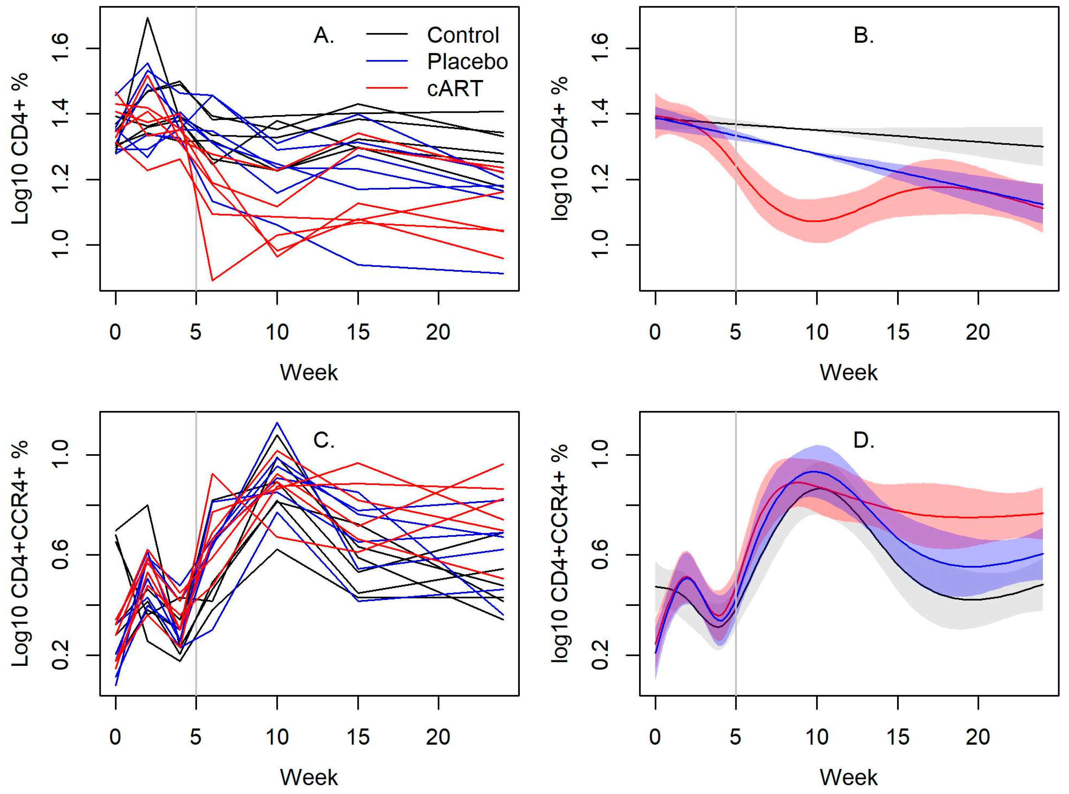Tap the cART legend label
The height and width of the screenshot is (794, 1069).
click(455, 89)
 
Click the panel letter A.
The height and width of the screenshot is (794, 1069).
click(323, 36)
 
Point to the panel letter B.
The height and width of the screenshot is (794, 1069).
click(863, 36)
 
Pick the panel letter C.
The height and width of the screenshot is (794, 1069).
click(323, 441)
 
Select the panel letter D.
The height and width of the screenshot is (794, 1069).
click(863, 441)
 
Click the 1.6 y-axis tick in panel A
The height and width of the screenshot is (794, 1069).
click(62, 49)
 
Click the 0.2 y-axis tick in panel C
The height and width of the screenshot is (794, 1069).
click(62, 655)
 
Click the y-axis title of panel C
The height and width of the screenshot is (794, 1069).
click(20, 553)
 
